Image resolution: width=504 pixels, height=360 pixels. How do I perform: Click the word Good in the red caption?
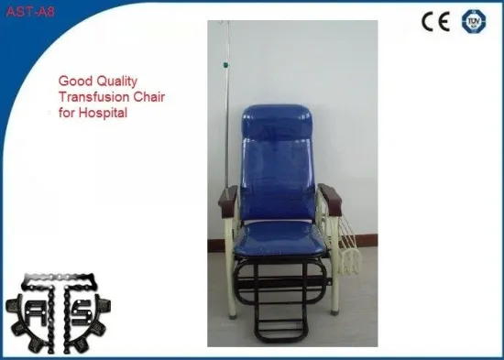[71, 81]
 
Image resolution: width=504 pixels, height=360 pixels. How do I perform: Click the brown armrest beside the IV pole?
[229, 197]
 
